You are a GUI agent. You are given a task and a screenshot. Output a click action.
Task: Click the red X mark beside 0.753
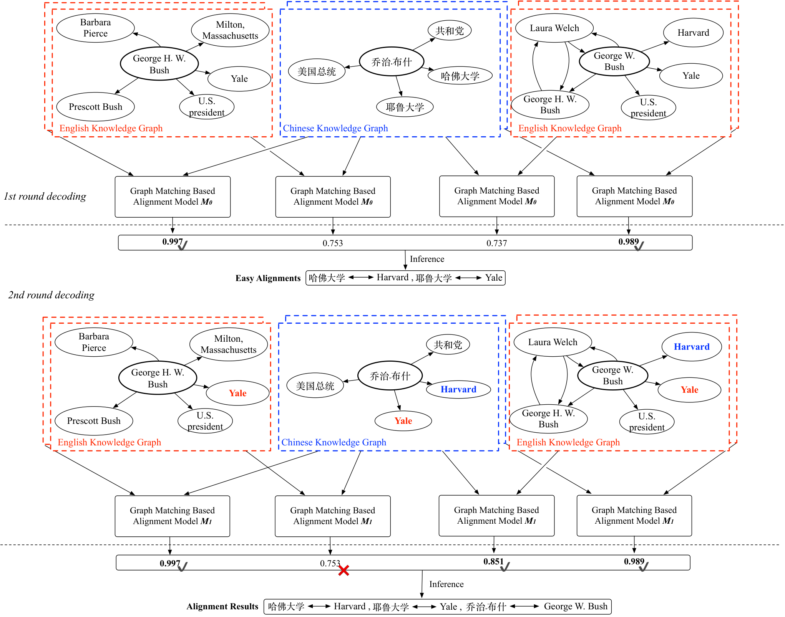[x=344, y=571]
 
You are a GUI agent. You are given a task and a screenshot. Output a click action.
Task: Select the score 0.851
[x=493, y=561]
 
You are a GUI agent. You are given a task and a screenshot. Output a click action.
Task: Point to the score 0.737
[x=496, y=243]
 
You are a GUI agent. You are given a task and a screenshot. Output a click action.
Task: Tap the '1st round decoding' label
[x=45, y=197]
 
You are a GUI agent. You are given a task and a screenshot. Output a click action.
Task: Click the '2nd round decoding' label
[x=51, y=295]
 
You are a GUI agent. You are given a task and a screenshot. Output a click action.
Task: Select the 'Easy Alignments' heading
[x=268, y=278]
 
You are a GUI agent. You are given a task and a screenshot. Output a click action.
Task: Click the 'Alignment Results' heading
[x=222, y=606]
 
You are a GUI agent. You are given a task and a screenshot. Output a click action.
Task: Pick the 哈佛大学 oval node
[x=460, y=75]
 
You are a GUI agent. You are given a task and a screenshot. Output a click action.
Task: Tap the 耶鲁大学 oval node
[x=405, y=107]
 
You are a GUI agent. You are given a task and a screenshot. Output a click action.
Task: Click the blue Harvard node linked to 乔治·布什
[x=458, y=389]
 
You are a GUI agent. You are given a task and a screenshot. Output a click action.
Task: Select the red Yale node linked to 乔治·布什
[x=403, y=421]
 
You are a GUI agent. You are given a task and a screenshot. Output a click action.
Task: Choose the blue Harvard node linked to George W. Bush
[x=692, y=347]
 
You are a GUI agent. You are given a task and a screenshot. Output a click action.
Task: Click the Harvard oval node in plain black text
[x=693, y=33]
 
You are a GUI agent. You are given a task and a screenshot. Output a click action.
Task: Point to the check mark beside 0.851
[x=505, y=567]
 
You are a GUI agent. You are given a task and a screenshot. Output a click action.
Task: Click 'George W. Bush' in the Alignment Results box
[x=576, y=606]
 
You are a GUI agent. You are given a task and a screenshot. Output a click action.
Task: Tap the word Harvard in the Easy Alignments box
[x=392, y=277]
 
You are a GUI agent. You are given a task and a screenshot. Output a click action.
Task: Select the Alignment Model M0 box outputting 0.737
[x=497, y=196]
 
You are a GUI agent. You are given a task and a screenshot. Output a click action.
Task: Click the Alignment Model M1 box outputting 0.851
[x=496, y=516]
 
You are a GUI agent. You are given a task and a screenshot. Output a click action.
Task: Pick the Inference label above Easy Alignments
[x=427, y=259]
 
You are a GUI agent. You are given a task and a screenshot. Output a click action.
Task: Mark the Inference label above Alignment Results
[x=446, y=584]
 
